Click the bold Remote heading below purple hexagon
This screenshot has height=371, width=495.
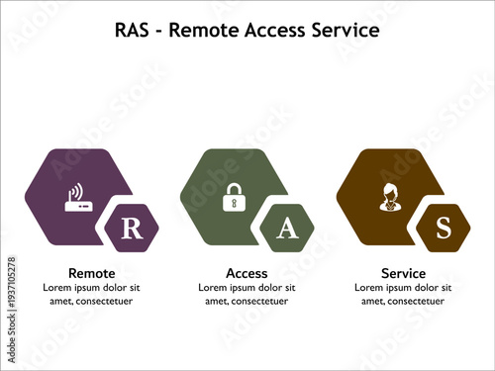91,273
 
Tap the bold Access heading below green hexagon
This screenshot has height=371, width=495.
247,273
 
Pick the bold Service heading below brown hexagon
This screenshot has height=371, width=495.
403,273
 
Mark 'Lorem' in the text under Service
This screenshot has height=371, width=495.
369,287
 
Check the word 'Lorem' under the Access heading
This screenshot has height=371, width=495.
214,287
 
